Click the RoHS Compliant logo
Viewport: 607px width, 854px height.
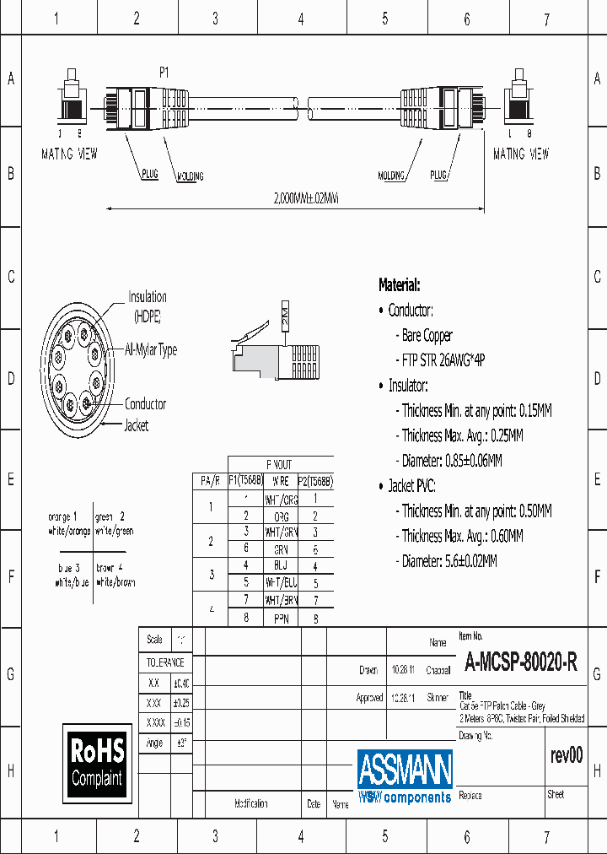[x=98, y=762]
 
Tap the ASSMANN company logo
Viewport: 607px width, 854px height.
[x=405, y=775]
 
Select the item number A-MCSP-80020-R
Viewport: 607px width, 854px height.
[x=520, y=663]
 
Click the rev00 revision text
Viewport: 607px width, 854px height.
[x=565, y=755]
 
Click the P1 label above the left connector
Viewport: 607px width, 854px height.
[x=164, y=73]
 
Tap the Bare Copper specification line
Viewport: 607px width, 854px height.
[x=427, y=335]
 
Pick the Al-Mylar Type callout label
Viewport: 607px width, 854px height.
[x=151, y=349]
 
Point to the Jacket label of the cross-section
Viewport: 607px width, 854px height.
[x=137, y=425]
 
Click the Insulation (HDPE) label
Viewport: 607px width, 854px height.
[x=148, y=305]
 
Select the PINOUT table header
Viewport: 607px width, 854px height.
[x=279, y=464]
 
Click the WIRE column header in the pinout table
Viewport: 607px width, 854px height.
[x=281, y=480]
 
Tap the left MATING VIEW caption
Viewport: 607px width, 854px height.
[x=69, y=154]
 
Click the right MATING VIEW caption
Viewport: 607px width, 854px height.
[x=521, y=154]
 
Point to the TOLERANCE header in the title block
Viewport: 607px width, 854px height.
[x=164, y=662]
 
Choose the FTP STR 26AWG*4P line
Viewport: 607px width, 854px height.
[x=443, y=359]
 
